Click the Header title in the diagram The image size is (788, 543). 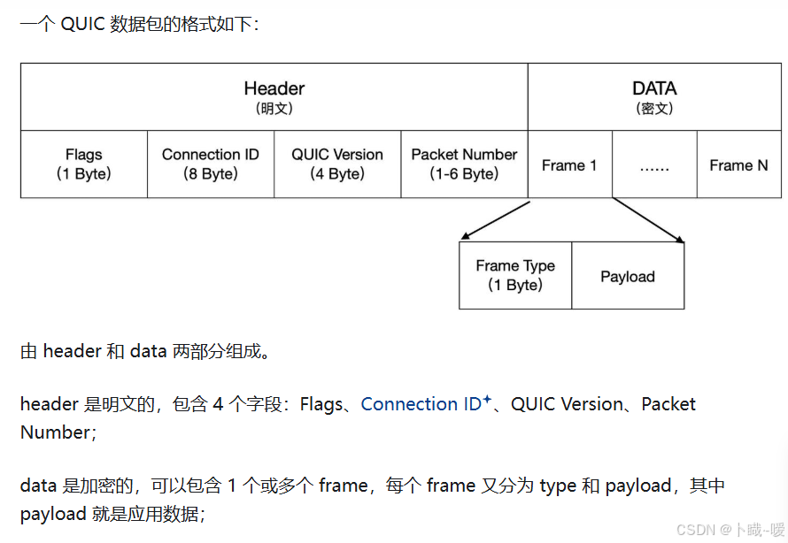click(x=274, y=88)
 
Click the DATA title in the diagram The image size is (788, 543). click(x=654, y=88)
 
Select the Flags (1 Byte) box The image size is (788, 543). click(x=84, y=164)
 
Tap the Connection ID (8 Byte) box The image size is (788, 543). click(x=211, y=164)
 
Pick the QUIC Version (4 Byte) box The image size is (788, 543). click(x=337, y=164)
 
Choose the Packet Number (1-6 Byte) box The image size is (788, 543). click(x=464, y=164)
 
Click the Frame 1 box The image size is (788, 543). click(x=569, y=165)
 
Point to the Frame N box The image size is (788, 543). click(x=738, y=165)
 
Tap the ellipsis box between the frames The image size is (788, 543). click(x=653, y=165)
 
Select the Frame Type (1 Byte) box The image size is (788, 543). click(x=515, y=275)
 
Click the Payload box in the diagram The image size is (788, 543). click(x=628, y=276)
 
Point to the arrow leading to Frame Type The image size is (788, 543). click(x=495, y=220)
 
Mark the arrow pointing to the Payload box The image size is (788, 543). click(x=648, y=220)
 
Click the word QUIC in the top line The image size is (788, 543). click(x=82, y=24)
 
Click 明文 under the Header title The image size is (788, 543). click(x=274, y=109)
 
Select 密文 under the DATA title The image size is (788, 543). click(x=654, y=109)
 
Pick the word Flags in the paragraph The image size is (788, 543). click(x=321, y=404)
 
